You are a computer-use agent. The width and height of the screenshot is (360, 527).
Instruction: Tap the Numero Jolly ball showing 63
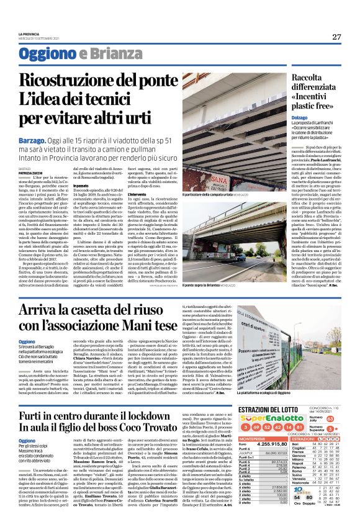(330, 418)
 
